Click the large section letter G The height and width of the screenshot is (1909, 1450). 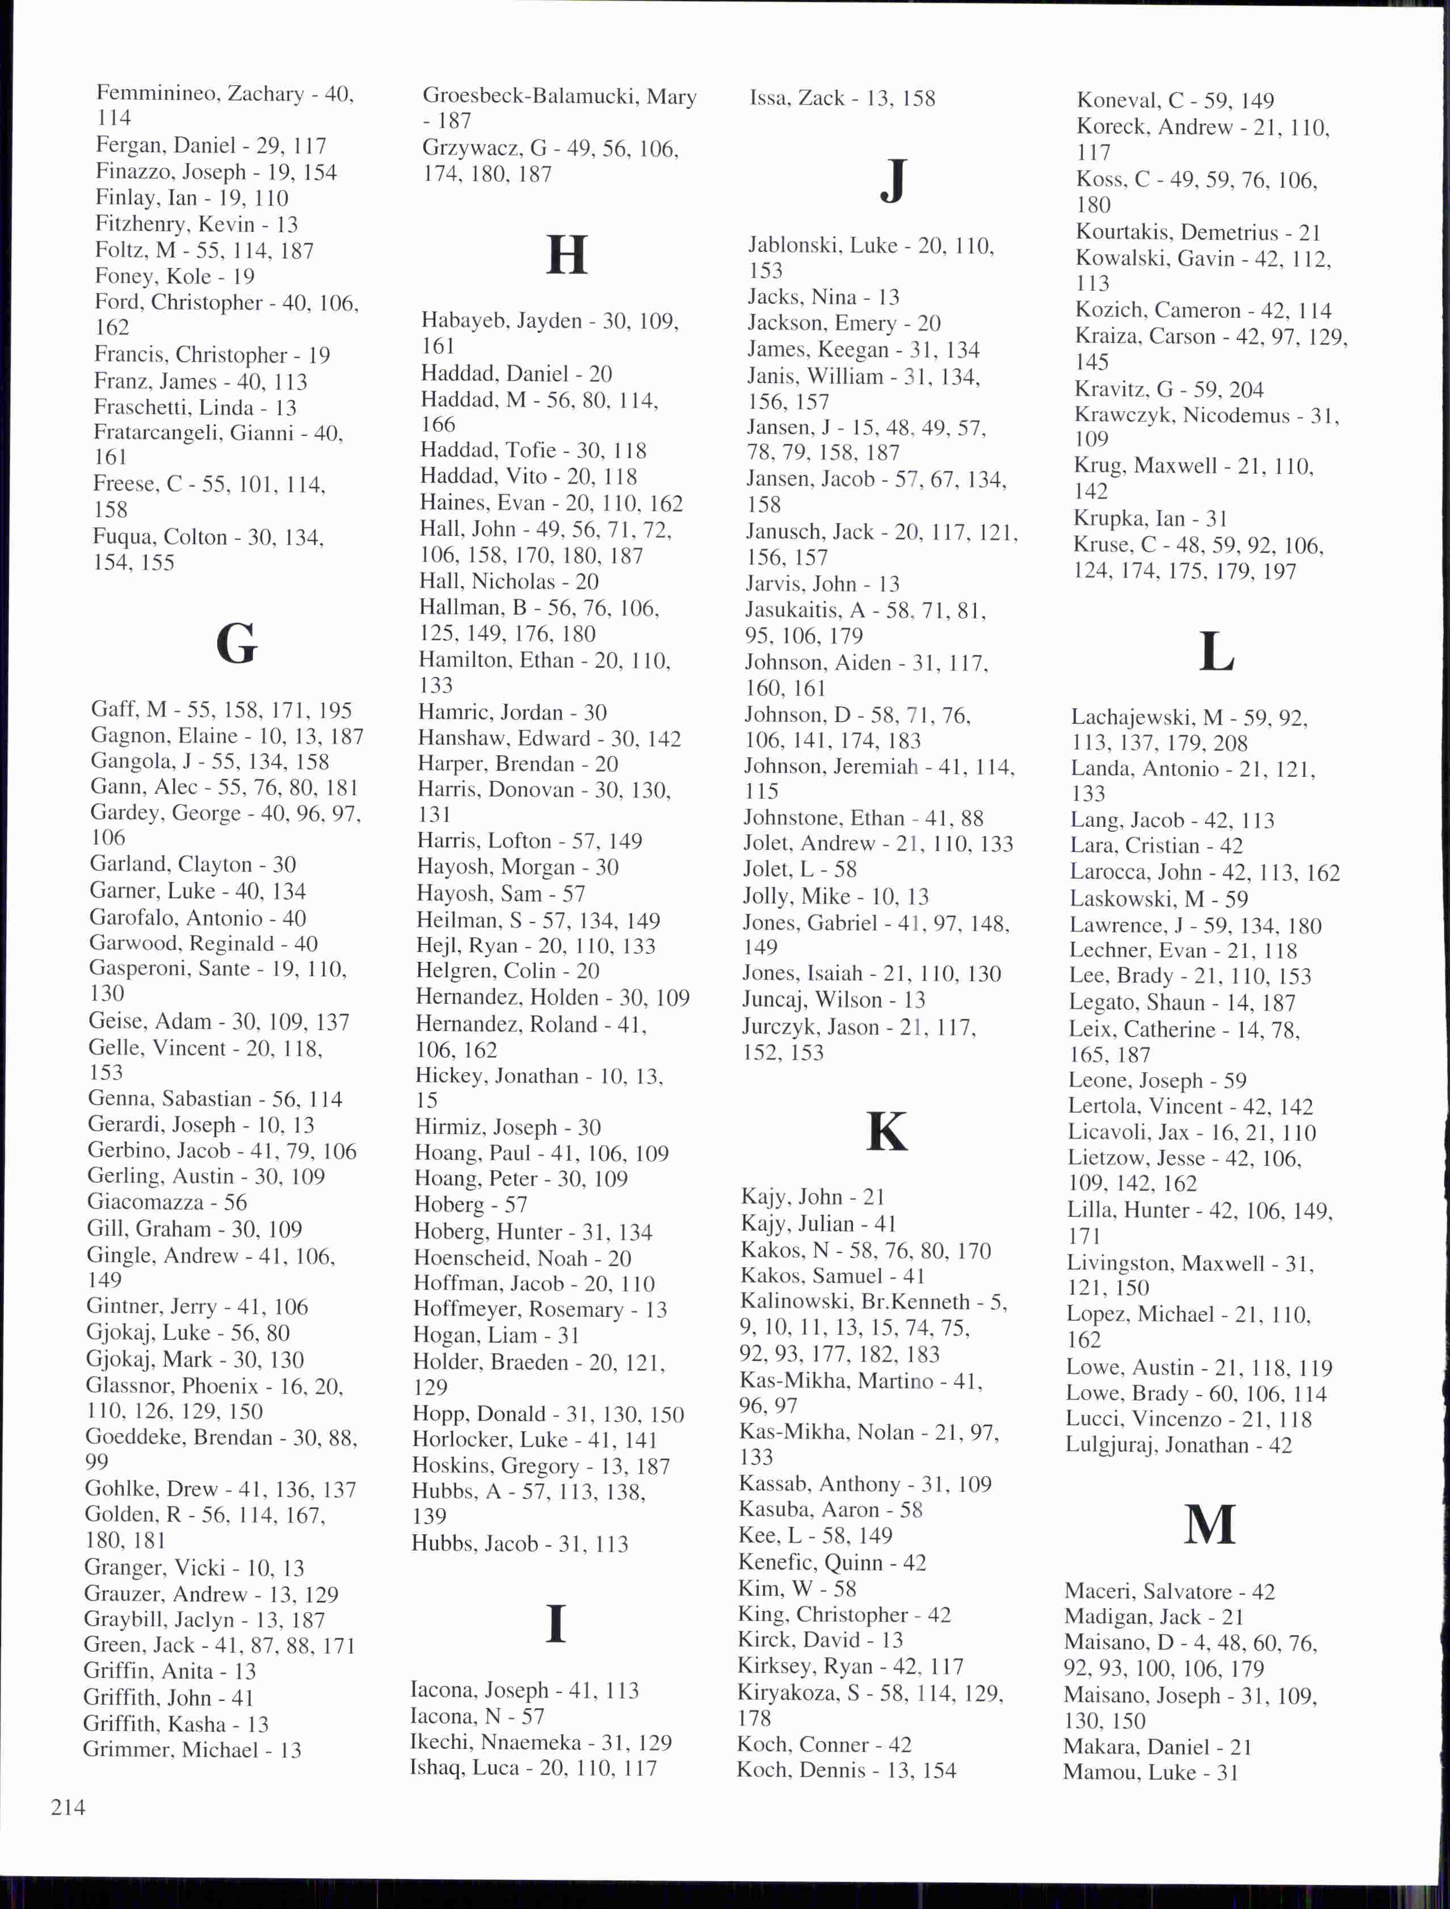[237, 644]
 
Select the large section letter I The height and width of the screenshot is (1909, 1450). [557, 1624]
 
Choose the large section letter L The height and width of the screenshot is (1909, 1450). [1216, 653]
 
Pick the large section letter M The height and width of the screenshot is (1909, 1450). [1209, 1525]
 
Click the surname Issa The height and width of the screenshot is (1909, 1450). [770, 98]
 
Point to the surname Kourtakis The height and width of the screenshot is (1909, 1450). [1124, 232]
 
